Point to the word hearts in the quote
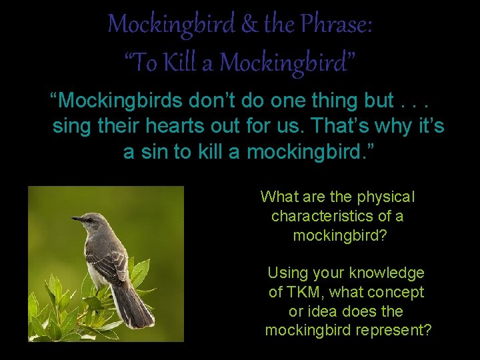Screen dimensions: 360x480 coord(205,126)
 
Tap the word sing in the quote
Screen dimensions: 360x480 coord(71,126)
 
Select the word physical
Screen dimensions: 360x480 coord(386,197)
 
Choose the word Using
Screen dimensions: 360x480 coord(287,273)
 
